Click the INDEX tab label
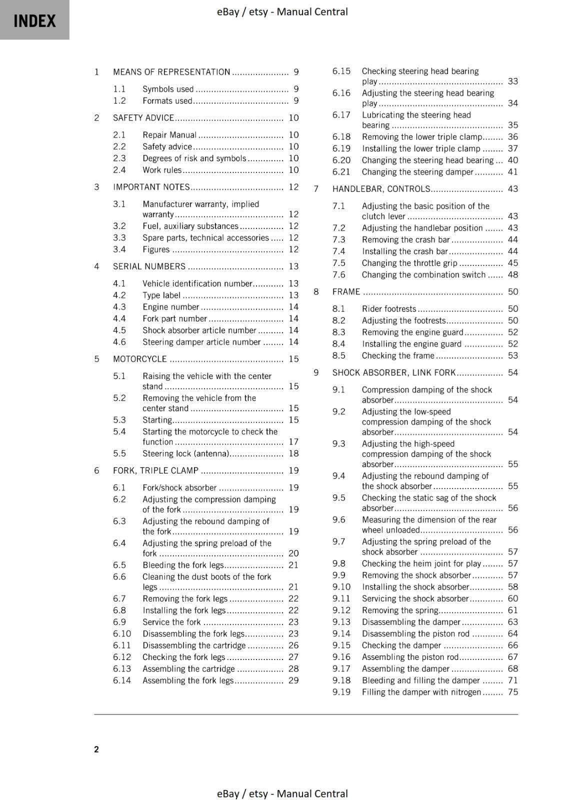(x=34, y=21)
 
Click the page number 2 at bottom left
(x=96, y=749)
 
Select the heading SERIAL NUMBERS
(x=149, y=266)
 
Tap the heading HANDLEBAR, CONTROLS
(x=381, y=189)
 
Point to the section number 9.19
(x=341, y=692)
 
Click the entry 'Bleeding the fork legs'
(x=183, y=565)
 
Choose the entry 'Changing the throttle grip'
(x=409, y=263)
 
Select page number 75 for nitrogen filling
(x=513, y=692)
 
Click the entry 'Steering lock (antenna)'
(x=185, y=453)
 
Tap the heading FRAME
(x=346, y=291)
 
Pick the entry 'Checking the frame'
(x=398, y=355)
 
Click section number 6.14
(x=122, y=680)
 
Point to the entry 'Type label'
(x=161, y=295)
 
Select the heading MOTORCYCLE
(x=140, y=359)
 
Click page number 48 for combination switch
(x=513, y=274)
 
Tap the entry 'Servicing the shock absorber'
(x=415, y=598)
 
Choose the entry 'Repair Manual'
(x=169, y=135)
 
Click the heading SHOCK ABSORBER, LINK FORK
(x=394, y=372)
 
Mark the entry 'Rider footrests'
(x=388, y=309)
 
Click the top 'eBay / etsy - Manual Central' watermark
(x=282, y=11)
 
